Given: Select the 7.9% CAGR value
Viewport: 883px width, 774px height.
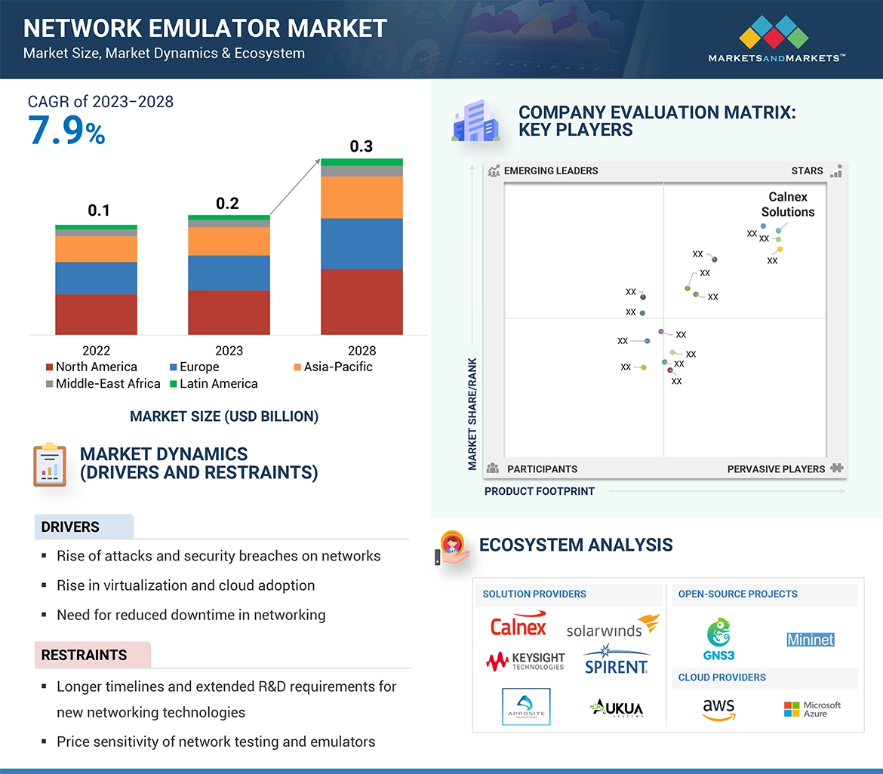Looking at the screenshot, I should (x=66, y=131).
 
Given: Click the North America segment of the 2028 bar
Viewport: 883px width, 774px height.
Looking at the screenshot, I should (x=362, y=301).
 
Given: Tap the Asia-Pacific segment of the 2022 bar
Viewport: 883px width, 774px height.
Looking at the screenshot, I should (x=96, y=249).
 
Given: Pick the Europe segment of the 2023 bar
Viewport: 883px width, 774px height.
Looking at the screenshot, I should (x=229, y=272).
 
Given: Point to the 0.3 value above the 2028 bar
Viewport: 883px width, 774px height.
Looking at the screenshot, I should (x=362, y=146).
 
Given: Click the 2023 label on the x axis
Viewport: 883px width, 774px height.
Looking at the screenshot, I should (x=229, y=351).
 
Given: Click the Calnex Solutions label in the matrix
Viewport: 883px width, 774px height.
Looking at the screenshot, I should (x=788, y=204).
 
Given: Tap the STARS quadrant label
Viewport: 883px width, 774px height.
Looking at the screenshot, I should (x=807, y=170).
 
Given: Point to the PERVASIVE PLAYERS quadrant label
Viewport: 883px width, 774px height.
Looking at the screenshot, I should (x=776, y=469).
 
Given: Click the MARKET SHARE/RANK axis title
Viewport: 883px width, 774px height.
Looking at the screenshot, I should (x=472, y=413).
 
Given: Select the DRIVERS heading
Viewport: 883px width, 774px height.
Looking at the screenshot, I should (x=70, y=527).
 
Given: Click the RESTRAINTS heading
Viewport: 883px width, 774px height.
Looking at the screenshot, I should (x=84, y=655).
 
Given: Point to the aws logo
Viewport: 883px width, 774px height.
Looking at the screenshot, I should (x=718, y=709).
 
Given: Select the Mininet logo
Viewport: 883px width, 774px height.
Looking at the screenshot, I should (x=811, y=640).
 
